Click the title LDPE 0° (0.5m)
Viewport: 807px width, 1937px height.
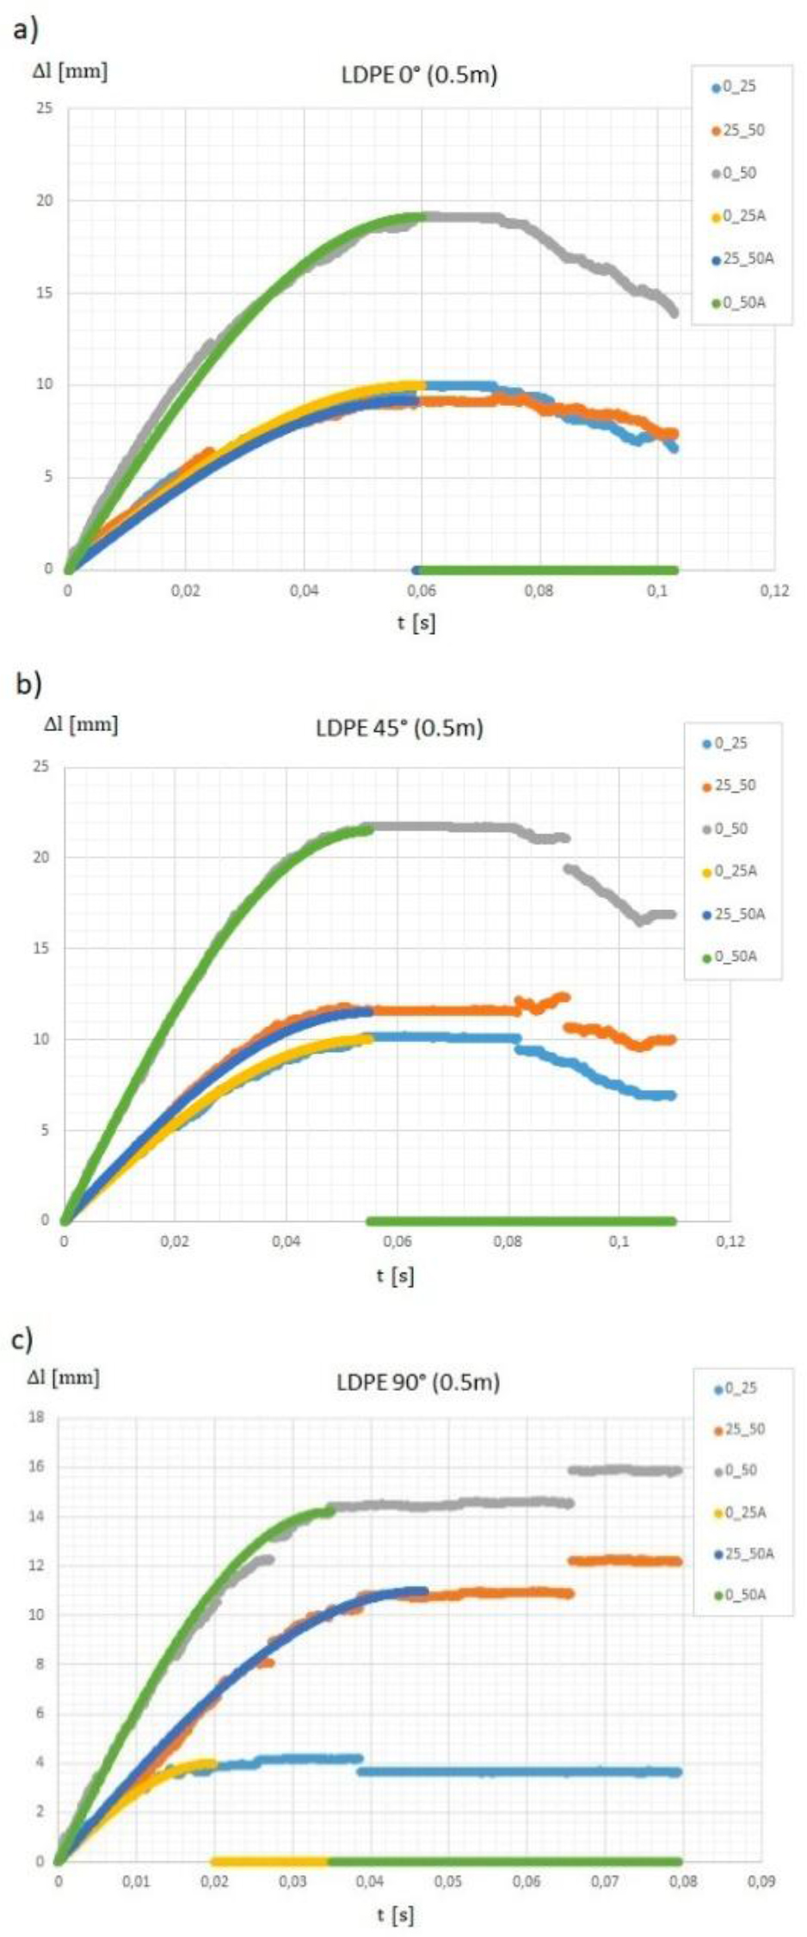[x=419, y=76]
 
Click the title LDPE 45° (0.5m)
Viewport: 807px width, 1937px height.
[x=399, y=729]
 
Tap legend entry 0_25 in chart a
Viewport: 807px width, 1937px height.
[x=739, y=87]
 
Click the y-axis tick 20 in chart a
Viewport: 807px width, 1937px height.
[x=44, y=200]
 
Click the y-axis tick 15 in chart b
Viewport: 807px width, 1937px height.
[x=41, y=948]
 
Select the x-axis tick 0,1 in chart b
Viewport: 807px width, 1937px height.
[x=619, y=1242]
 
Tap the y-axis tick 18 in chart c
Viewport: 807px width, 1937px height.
[x=36, y=1417]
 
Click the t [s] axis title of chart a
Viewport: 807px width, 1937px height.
[x=416, y=622]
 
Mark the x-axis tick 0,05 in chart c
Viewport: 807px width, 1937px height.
[x=447, y=1881]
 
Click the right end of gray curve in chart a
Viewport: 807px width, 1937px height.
[x=674, y=312]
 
